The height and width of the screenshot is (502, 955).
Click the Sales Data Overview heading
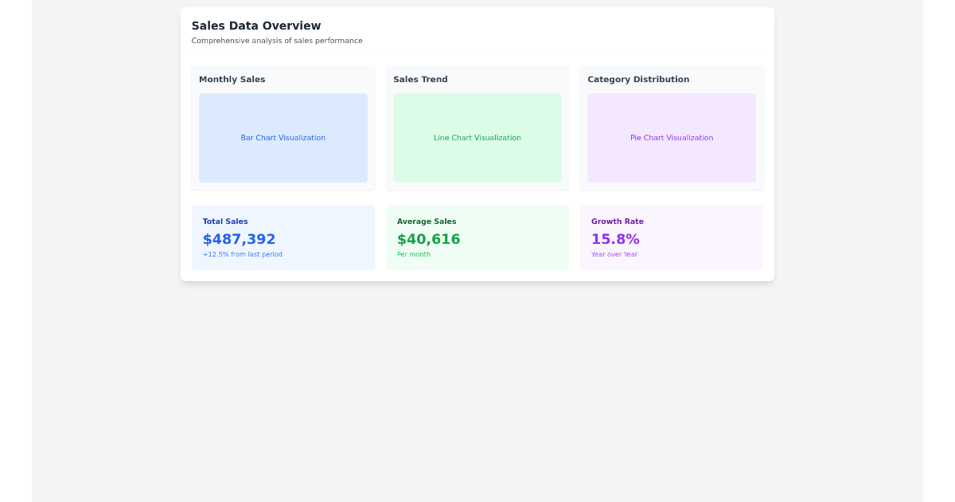256,25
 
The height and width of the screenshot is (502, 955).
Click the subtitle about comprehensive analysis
277,41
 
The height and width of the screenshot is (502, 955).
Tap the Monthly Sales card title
232,80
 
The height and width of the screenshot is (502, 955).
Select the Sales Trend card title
420,80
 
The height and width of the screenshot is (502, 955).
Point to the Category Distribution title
638,80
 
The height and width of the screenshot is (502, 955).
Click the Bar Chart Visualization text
283,138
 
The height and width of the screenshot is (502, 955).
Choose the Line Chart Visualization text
477,138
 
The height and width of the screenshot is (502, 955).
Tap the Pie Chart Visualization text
672,138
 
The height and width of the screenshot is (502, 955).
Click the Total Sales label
225,222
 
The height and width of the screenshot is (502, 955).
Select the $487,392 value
239,239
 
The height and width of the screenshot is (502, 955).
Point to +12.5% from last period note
242,254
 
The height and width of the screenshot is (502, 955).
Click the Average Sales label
427,222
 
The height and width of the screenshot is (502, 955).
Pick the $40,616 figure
428,239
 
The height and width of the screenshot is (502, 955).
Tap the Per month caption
414,254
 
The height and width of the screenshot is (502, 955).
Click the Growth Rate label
618,222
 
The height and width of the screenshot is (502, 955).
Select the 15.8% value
615,239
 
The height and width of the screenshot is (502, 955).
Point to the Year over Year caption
614,254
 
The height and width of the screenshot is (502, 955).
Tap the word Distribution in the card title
661,80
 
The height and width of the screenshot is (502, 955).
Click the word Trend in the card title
435,80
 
